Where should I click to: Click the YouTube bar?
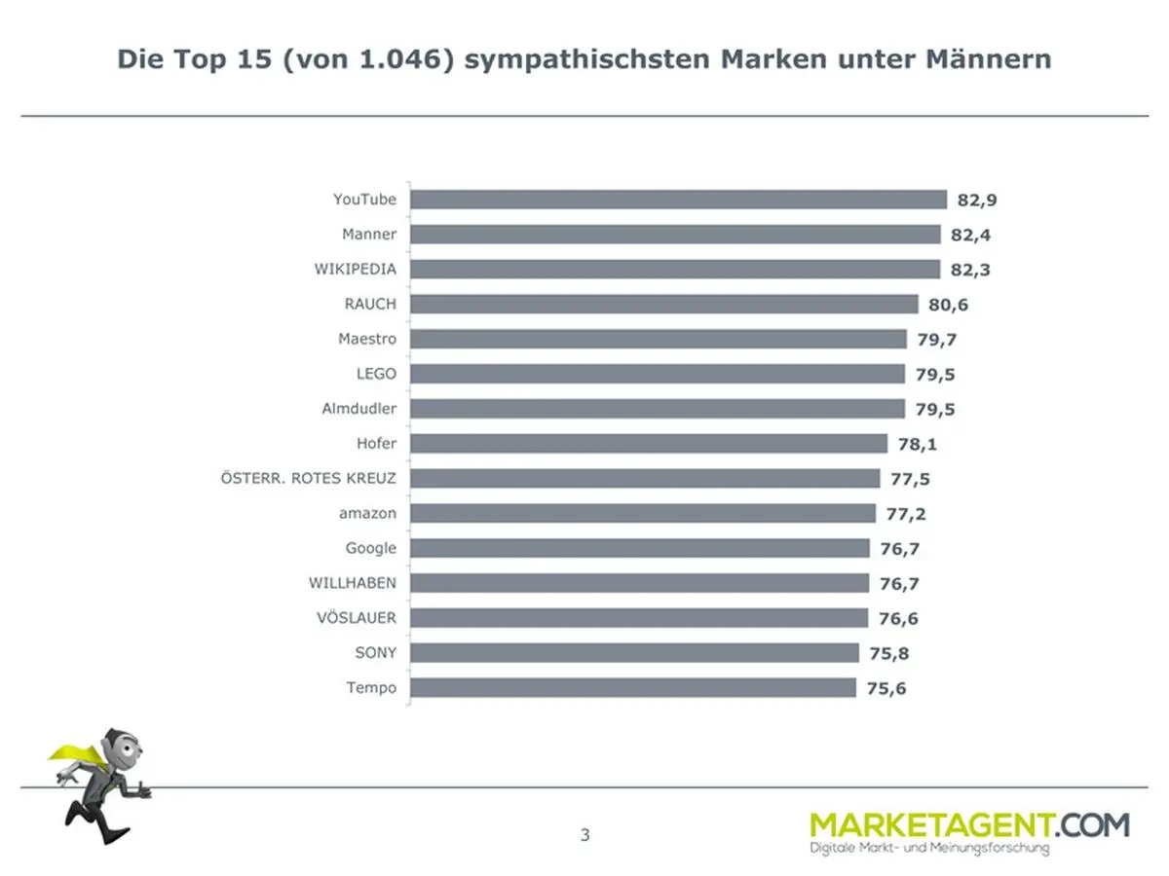pyautogui.click(x=678, y=200)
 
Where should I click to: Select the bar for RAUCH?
pyautogui.click(x=663, y=304)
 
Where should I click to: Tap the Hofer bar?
pyautogui.click(x=648, y=444)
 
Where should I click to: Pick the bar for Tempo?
pyautogui.click(x=633, y=688)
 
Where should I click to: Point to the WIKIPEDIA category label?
pyautogui.click(x=355, y=269)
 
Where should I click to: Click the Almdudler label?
pyautogui.click(x=358, y=409)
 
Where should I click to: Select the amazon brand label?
pyautogui.click(x=367, y=513)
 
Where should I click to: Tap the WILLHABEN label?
pyautogui.click(x=352, y=583)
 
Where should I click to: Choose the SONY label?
pyautogui.click(x=375, y=653)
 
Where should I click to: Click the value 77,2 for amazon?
pyautogui.click(x=904, y=513)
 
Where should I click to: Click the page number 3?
pyautogui.click(x=584, y=834)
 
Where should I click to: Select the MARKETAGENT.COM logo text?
pyautogui.click(x=969, y=825)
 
